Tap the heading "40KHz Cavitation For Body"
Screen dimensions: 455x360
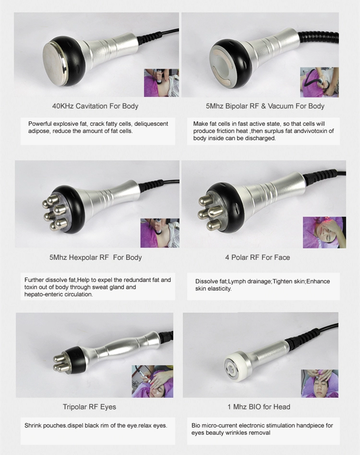pos(95,106)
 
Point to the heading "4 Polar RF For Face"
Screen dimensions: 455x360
pos(257,258)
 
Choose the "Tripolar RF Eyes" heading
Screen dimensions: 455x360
pos(89,407)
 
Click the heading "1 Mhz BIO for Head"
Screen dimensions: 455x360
pos(259,407)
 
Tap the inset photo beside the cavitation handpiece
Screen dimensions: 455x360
pos(162,83)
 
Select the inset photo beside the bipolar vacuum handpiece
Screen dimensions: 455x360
pos(319,82)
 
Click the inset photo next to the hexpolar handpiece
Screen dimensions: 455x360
pos(159,233)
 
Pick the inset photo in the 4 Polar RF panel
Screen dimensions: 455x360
pos(324,232)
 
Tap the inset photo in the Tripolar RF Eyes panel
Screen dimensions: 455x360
pos(152,381)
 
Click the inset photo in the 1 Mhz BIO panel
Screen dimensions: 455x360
pos(319,383)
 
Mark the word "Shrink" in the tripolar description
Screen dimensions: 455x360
pos(34,426)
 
